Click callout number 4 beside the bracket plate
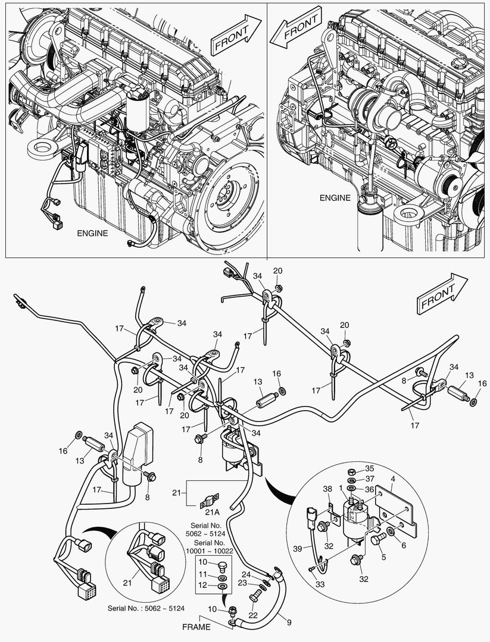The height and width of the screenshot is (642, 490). (x=392, y=477)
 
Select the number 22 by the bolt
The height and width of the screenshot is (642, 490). (x=252, y=615)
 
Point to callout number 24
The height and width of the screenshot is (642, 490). (x=245, y=574)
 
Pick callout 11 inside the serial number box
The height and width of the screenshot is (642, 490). (x=202, y=574)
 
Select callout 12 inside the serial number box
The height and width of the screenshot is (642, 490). (x=202, y=586)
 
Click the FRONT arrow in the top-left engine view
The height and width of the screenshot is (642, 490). (x=236, y=35)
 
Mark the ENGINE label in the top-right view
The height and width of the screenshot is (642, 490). (x=335, y=198)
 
